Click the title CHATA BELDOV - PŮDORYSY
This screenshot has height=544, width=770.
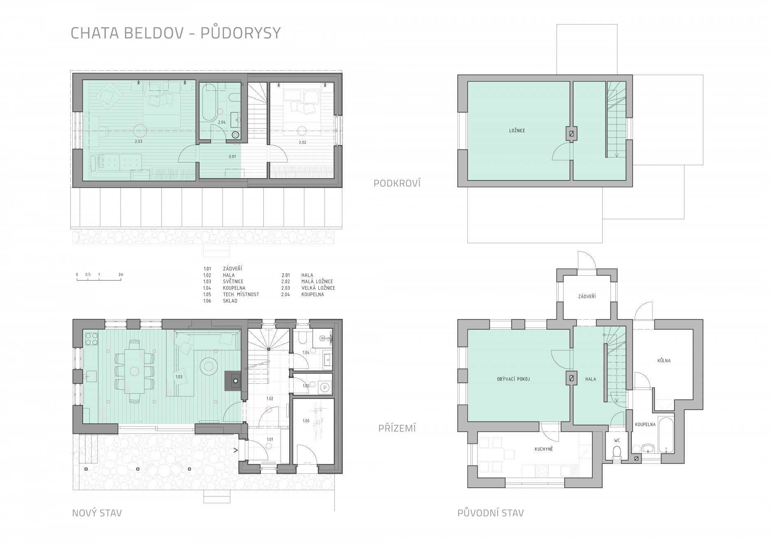[176, 33]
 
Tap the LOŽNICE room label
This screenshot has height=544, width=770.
[517, 131]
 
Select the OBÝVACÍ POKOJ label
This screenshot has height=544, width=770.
[513, 379]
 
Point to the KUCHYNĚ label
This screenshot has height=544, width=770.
[544, 449]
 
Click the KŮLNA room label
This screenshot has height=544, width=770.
[664, 360]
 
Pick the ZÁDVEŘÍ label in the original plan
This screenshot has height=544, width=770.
[587, 296]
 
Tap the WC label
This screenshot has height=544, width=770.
[617, 440]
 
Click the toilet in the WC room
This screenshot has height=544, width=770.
[617, 453]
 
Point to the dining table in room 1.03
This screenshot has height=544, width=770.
[134, 371]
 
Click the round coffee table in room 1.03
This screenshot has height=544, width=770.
[209, 365]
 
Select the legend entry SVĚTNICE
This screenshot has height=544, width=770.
[233, 281]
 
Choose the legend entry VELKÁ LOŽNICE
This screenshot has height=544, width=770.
[318, 288]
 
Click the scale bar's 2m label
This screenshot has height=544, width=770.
[121, 274]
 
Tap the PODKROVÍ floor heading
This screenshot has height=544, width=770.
[397, 183]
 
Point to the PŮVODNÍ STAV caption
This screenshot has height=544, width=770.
[490, 513]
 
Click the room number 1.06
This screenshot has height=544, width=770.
[306, 421]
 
